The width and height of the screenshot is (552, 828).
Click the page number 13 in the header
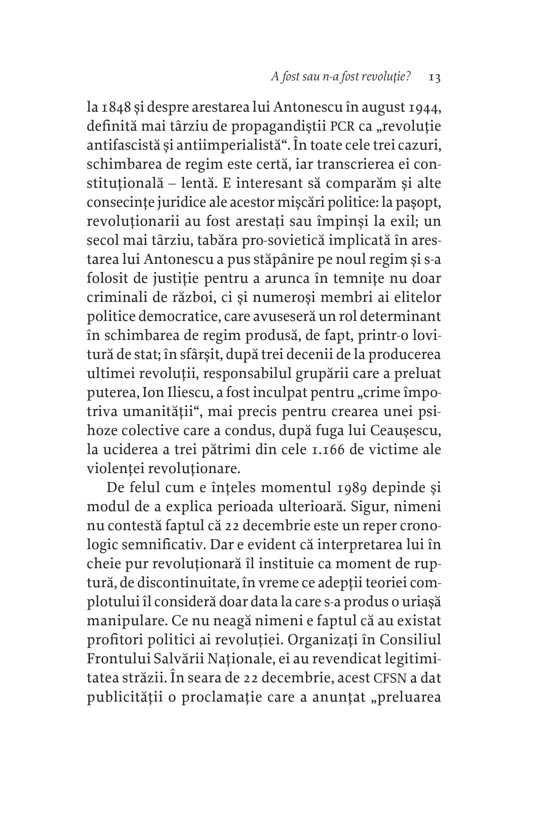coord(434,77)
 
